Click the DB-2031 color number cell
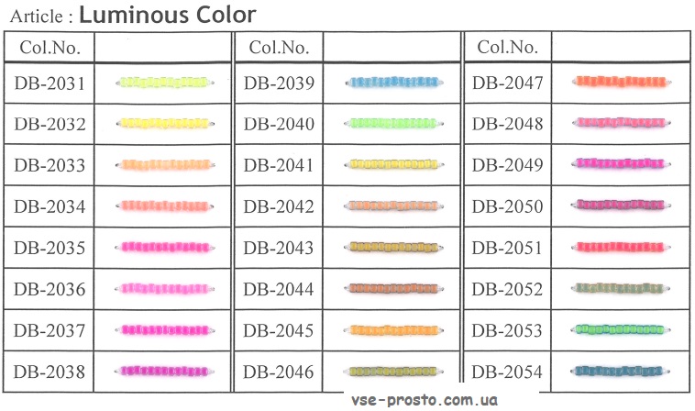[50, 83]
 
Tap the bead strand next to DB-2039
[393, 82]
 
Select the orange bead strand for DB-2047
[621, 82]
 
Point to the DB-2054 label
[507, 372]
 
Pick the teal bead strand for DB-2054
[620, 371]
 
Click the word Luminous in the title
[134, 15]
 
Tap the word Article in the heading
[37, 17]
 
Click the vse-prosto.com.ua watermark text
[425, 400]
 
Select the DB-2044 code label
[279, 289]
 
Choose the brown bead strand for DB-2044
[393, 288]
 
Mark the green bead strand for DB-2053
[620, 329]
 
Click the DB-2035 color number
[50, 248]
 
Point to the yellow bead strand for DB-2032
[165, 123]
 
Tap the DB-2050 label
[508, 206]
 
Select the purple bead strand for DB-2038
[164, 371]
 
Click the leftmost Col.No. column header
[50, 48]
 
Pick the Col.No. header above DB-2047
[508, 47]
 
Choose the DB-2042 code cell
[279, 206]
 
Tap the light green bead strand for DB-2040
[393, 123]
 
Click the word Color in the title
[226, 15]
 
